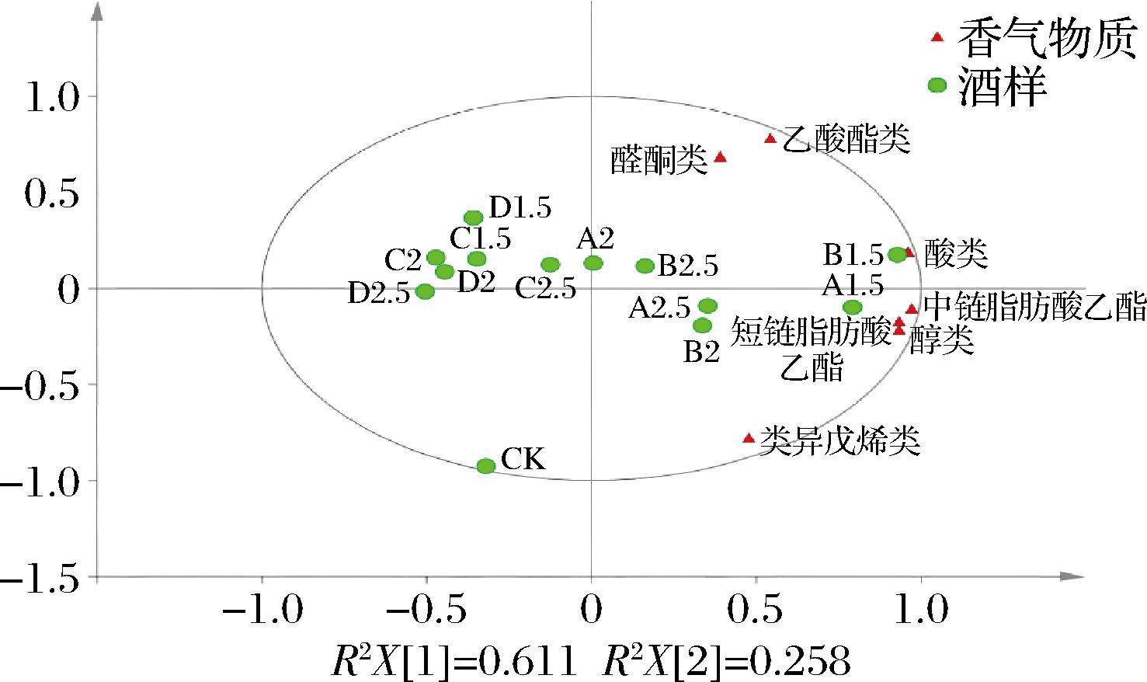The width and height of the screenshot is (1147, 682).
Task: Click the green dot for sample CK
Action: point(486,466)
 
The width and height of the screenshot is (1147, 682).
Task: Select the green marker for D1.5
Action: point(474,218)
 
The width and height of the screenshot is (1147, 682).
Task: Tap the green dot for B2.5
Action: point(645,266)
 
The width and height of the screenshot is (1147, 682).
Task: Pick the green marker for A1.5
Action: point(853,307)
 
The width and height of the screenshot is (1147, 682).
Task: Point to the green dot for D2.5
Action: point(425,291)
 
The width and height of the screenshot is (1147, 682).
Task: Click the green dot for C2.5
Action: point(550,265)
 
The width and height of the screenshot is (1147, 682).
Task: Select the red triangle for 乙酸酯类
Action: point(770,139)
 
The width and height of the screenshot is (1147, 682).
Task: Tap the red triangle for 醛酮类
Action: point(720,157)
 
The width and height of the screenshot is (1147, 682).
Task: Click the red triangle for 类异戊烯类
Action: point(749,438)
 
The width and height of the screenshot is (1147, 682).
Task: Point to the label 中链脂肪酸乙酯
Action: point(1034,308)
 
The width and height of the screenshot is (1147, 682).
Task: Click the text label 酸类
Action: point(956,254)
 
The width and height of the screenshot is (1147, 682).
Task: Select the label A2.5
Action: point(659,309)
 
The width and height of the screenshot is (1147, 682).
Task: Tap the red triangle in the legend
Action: point(937,37)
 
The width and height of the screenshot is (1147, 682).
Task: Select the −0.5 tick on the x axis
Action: point(426,611)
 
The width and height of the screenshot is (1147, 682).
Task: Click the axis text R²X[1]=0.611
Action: point(454,662)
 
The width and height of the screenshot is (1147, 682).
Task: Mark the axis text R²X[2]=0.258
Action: point(726,662)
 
